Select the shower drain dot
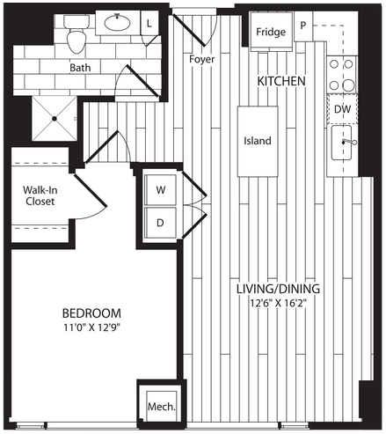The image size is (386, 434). (x=55, y=119)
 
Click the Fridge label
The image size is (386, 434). (x=271, y=32)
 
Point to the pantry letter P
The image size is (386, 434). (x=303, y=26)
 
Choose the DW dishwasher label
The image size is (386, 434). (x=342, y=109)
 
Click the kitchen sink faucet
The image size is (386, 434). (x=349, y=143)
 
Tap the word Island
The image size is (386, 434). (x=258, y=141)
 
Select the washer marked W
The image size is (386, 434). (x=161, y=190)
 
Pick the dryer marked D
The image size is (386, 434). (x=161, y=223)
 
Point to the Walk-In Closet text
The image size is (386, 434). (x=40, y=195)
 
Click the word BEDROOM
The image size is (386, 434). (x=91, y=313)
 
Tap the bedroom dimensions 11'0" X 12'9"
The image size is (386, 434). (x=92, y=327)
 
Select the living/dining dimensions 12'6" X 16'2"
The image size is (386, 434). (x=278, y=303)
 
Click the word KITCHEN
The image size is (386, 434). (x=281, y=81)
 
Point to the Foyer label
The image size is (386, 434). (x=201, y=59)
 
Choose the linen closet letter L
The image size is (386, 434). (x=149, y=24)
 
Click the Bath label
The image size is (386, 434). (x=80, y=68)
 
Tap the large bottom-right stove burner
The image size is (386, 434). (x=348, y=85)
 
